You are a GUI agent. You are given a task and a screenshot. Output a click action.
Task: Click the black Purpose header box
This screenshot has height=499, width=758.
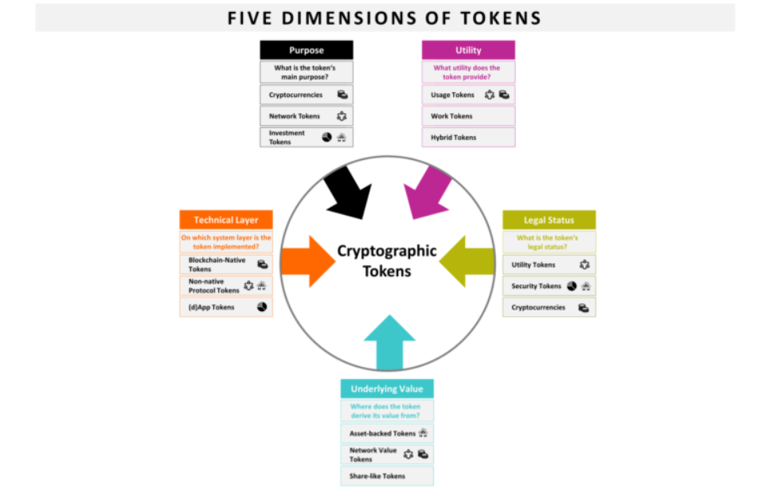pos(307,50)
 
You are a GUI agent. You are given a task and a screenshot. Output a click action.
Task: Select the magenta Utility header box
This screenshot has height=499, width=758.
pos(468,50)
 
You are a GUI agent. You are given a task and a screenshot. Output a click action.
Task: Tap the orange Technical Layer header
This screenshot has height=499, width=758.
pos(225,220)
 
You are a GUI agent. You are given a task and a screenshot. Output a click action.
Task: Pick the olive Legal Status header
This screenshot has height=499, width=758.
pos(549,220)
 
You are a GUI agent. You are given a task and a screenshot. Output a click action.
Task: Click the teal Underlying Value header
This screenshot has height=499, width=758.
pos(387,389)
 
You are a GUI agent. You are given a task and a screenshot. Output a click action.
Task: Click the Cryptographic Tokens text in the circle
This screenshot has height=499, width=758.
pos(387,261)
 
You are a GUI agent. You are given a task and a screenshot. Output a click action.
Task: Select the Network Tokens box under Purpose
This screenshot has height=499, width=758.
pos(307,116)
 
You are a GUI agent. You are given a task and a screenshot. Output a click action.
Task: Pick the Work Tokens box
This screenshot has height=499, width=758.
pos(468,116)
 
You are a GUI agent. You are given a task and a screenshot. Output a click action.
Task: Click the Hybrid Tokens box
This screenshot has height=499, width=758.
pos(468,138)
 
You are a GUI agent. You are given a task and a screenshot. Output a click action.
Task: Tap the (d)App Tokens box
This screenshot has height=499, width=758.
pos(225,307)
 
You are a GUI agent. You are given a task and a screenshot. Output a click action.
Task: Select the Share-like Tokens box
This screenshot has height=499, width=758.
pos(387,476)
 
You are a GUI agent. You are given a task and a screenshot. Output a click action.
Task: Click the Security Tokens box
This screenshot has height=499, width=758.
pos(549,287)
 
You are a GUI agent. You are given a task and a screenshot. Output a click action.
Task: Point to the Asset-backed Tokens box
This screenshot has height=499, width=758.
pos(387,434)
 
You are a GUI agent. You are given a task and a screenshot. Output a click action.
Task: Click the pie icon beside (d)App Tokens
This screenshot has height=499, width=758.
pos(262,307)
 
